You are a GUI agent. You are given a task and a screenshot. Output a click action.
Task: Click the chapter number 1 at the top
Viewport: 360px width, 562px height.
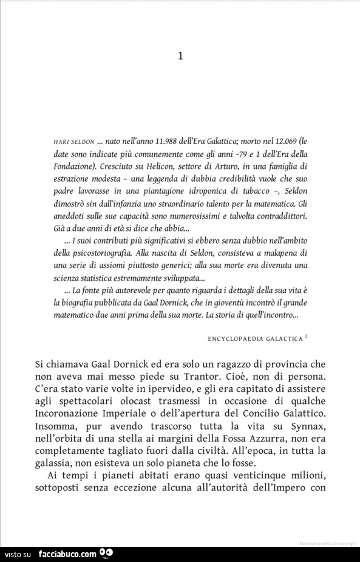point(180,57)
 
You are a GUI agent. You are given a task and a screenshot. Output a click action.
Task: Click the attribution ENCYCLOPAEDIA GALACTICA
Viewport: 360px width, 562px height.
point(254,338)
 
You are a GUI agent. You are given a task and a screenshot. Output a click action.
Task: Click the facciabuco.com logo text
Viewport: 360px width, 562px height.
point(67,553)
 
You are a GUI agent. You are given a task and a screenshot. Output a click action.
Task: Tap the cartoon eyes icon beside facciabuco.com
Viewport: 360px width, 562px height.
point(106,552)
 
